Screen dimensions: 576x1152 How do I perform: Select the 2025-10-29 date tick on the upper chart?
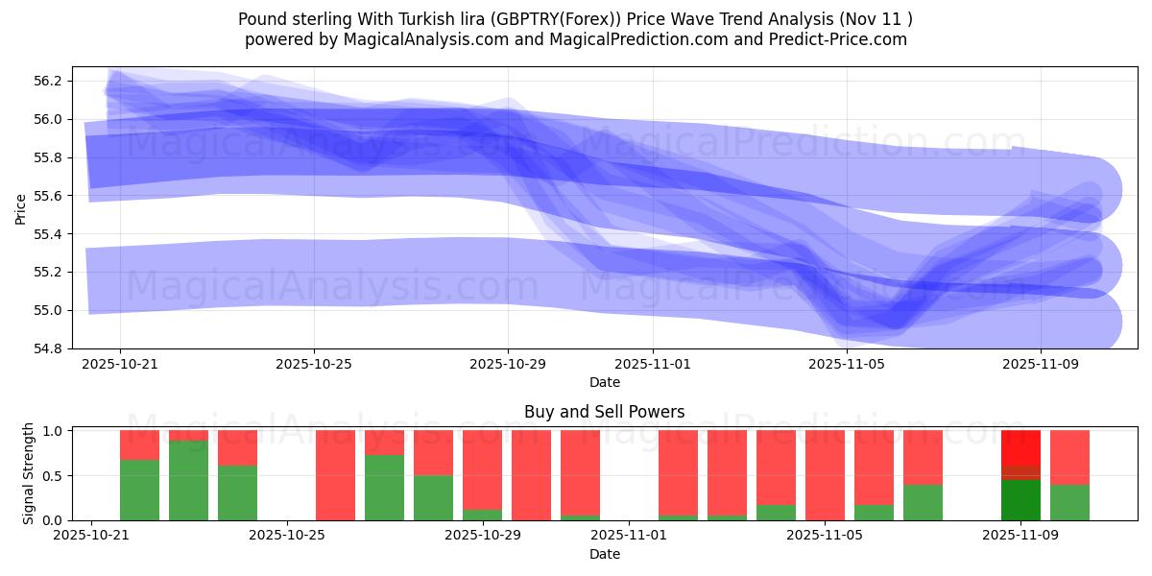click(x=508, y=364)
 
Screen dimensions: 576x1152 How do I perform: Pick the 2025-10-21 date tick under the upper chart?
click(x=119, y=364)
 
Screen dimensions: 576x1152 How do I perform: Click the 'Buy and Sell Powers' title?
click(x=604, y=412)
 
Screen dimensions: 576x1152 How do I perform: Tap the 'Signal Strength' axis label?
click(x=29, y=473)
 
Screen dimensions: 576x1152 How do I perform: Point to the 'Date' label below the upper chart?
click(x=604, y=382)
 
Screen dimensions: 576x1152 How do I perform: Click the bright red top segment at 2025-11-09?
click(x=1020, y=447)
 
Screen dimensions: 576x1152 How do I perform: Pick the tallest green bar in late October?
click(x=188, y=480)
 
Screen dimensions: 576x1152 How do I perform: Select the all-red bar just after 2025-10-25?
click(x=335, y=475)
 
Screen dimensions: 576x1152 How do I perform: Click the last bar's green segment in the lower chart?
click(x=1069, y=502)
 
